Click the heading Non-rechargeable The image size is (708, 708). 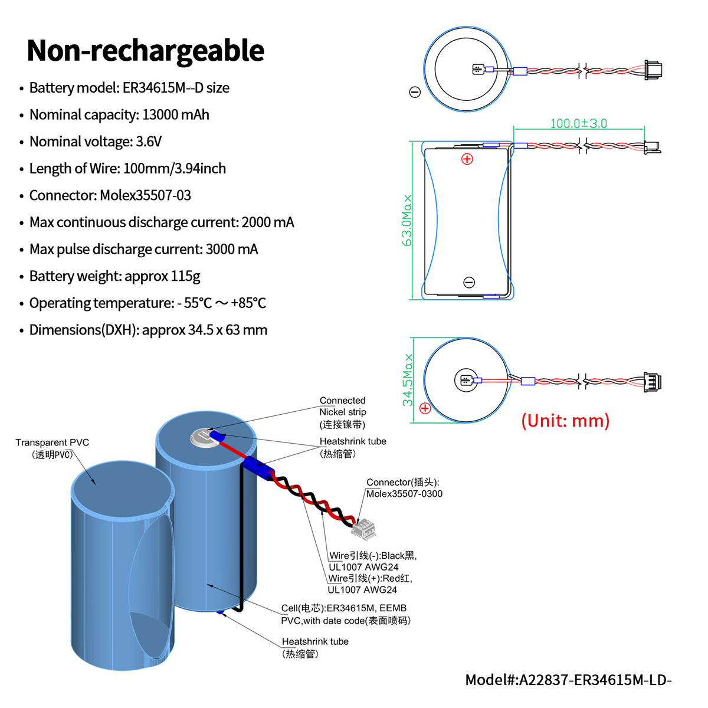tap(145, 51)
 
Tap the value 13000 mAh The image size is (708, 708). tap(175, 114)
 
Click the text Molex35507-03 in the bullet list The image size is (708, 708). tap(145, 195)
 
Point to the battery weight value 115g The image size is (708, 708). tap(185, 276)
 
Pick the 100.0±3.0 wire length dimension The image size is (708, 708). tap(578, 123)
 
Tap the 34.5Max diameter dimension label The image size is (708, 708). tap(407, 380)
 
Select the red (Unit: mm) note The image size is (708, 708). tap(565, 421)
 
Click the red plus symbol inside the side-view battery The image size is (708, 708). tap(467, 159)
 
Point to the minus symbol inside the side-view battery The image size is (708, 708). tap(469, 283)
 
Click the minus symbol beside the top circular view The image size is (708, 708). tap(415, 92)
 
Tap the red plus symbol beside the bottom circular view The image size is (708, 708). tap(425, 408)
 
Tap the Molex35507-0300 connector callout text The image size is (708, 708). tap(404, 494)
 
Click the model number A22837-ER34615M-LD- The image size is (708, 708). tap(595, 680)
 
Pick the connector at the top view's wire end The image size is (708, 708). tap(653, 70)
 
